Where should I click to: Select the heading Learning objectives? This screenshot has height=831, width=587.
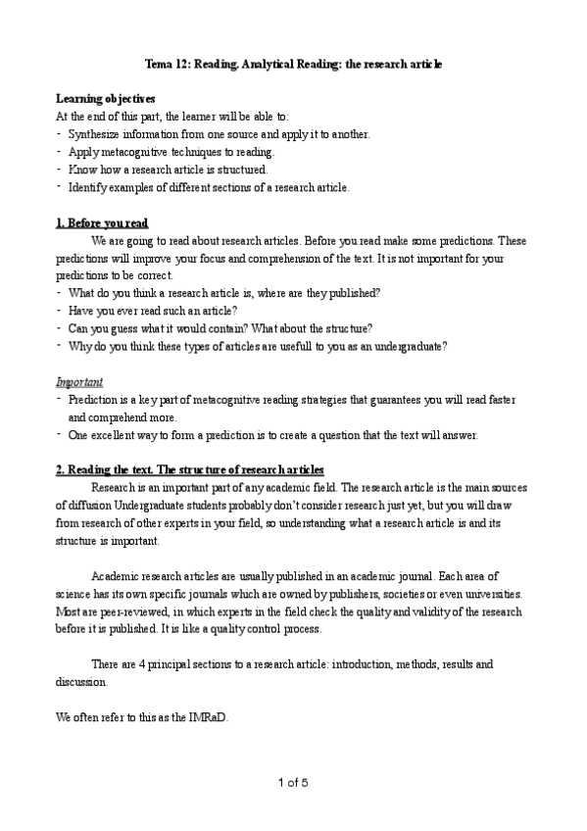105,99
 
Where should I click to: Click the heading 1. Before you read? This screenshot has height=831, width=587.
102,222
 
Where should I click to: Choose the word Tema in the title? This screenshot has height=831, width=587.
159,64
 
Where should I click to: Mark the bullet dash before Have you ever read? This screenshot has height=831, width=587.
60,310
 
